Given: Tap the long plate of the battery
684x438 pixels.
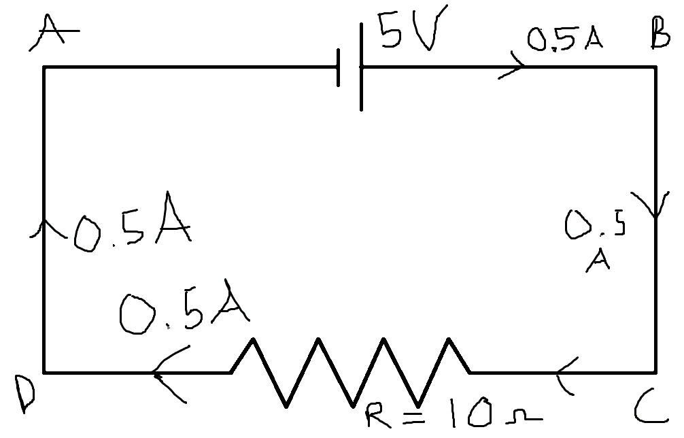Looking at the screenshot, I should click(361, 66).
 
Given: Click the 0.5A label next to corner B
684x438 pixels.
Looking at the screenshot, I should click(565, 39).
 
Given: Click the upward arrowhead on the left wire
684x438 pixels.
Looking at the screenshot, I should click(44, 228).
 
